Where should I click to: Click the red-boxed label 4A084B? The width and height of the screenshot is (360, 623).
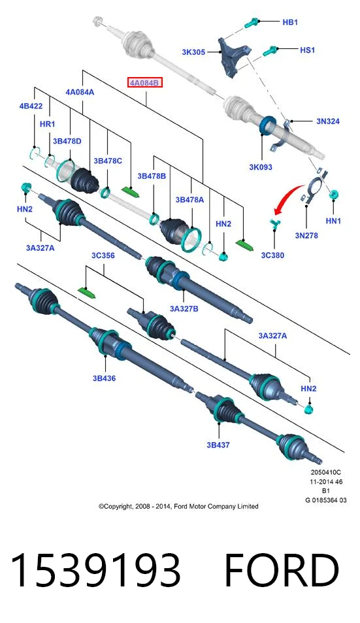[144, 83]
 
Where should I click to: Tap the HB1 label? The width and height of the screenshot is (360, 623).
[290, 22]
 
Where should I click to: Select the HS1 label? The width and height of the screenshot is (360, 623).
[307, 50]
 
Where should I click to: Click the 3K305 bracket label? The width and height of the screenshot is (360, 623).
[193, 52]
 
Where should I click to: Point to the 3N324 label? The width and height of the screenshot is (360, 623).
[328, 121]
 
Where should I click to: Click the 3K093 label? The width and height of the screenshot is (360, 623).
[261, 167]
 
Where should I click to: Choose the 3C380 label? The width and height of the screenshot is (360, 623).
[272, 255]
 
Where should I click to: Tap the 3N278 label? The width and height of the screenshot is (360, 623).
[306, 235]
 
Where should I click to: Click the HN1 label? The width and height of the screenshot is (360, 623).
[333, 221]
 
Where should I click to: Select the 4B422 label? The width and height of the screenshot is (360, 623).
[31, 106]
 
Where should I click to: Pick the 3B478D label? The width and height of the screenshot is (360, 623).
[67, 141]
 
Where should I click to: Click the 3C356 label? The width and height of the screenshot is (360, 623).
[103, 255]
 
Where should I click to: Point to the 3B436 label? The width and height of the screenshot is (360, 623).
[104, 378]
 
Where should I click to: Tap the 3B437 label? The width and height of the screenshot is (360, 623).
[218, 445]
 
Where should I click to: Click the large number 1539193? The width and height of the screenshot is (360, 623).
[95, 570]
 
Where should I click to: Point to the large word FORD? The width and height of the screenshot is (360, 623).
[282, 570]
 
